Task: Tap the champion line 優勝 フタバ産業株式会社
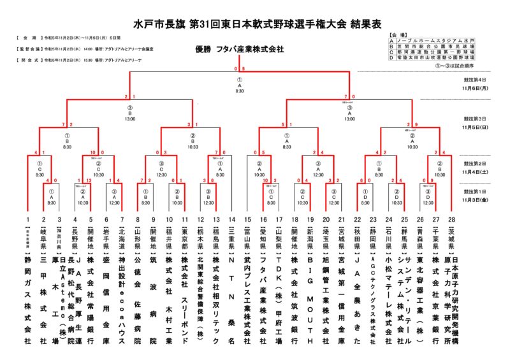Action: pyautogui.click(x=240, y=50)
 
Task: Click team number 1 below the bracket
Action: pyautogui.click(x=27, y=219)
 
